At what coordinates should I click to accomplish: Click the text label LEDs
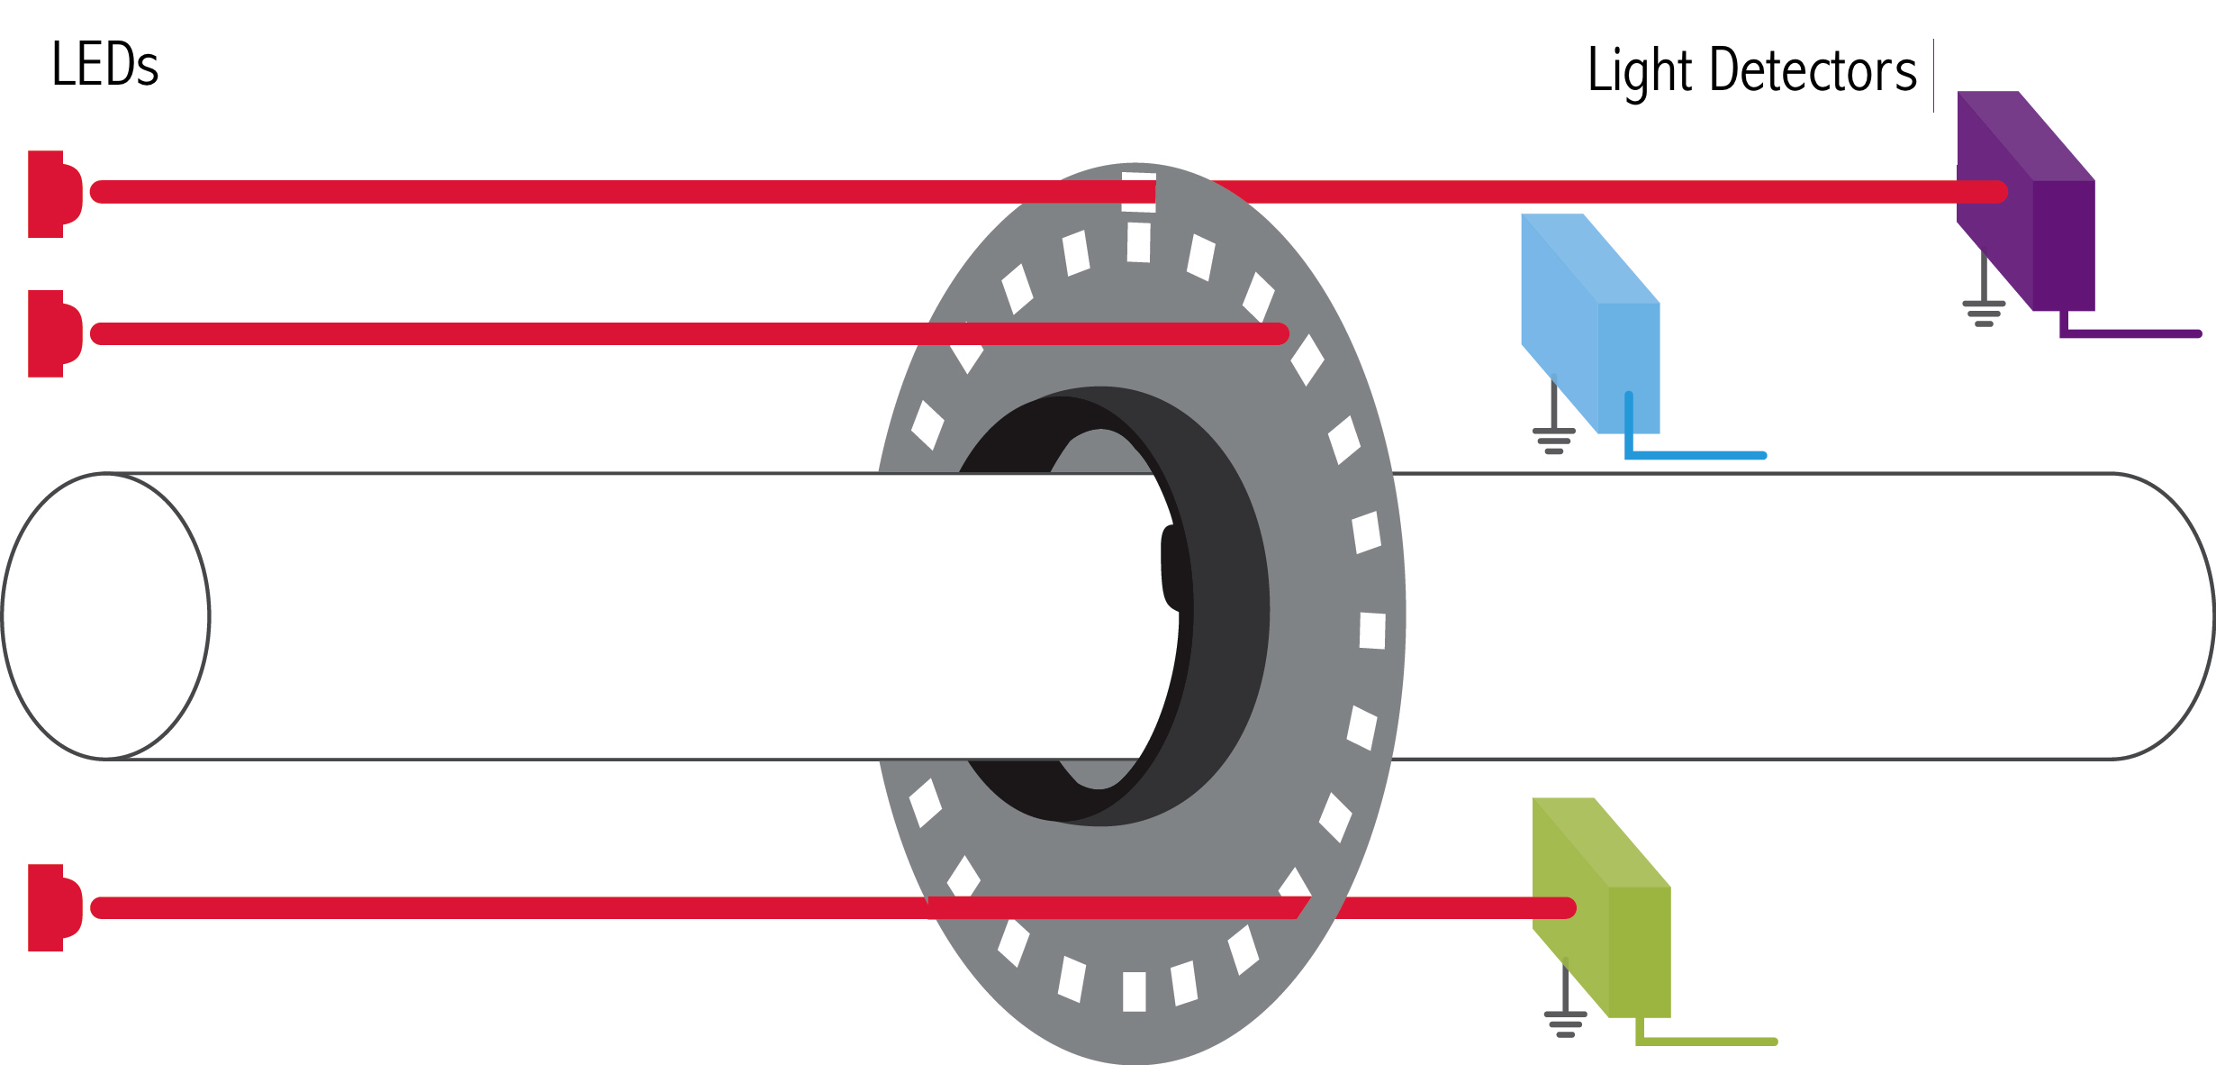[x=104, y=65]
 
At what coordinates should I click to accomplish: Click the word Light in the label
[x=1639, y=71]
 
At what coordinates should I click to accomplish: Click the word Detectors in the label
[x=1813, y=69]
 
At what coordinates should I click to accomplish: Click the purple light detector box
[x=2035, y=216]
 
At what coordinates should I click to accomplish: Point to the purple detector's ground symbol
[x=1984, y=311]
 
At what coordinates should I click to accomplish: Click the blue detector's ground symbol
[x=1554, y=438]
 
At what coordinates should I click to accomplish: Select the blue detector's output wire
[x=1693, y=455]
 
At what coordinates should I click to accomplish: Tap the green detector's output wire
[x=1706, y=1042]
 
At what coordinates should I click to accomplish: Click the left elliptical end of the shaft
[x=106, y=616]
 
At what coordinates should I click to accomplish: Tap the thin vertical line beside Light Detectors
[x=1933, y=76]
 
